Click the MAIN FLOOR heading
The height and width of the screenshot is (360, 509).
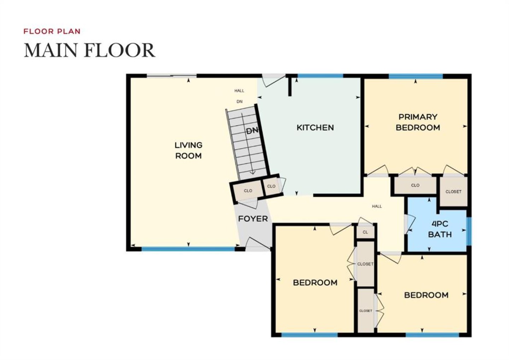pyautogui.click(x=89, y=50)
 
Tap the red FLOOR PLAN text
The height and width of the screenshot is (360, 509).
pyautogui.click(x=52, y=31)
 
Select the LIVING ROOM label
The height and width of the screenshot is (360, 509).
pyautogui.click(x=188, y=150)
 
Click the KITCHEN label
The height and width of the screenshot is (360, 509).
pyautogui.click(x=315, y=128)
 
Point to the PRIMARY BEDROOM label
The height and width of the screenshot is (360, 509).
pyautogui.click(x=418, y=122)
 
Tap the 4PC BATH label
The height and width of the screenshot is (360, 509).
pyautogui.click(x=440, y=229)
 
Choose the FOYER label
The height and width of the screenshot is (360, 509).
pyautogui.click(x=253, y=219)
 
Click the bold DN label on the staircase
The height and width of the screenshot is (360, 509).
pyautogui.click(x=252, y=131)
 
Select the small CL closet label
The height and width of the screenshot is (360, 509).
pyautogui.click(x=365, y=232)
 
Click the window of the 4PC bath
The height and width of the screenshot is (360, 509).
pyautogui.click(x=469, y=231)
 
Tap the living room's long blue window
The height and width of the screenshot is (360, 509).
pyautogui.click(x=188, y=249)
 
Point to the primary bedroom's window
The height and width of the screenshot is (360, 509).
pyautogui.click(x=416, y=76)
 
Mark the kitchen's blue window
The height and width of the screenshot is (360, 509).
pyautogui.click(x=320, y=76)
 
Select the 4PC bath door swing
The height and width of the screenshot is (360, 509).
pyautogui.click(x=410, y=224)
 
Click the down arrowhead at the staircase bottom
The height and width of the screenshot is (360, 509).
pyautogui.click(x=253, y=173)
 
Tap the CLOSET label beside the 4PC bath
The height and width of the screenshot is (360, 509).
pyautogui.click(x=453, y=192)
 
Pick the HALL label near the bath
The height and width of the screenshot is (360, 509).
pyautogui.click(x=377, y=207)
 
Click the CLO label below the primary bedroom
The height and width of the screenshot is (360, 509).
pyautogui.click(x=415, y=185)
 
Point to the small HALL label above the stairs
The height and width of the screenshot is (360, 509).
pyautogui.click(x=239, y=91)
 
